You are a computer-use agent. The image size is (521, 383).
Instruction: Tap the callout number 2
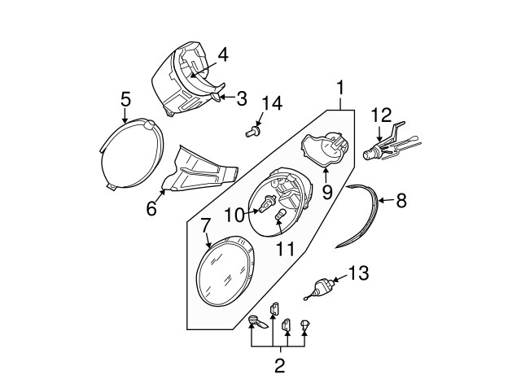pyautogui.click(x=279, y=365)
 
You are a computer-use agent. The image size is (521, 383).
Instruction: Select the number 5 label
pyautogui.click(x=125, y=98)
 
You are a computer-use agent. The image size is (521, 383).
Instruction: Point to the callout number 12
pyautogui.click(x=381, y=115)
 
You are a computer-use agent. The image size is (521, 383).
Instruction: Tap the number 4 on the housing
pyautogui.click(x=221, y=55)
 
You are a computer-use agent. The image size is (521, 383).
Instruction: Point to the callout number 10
pyautogui.click(x=234, y=215)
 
